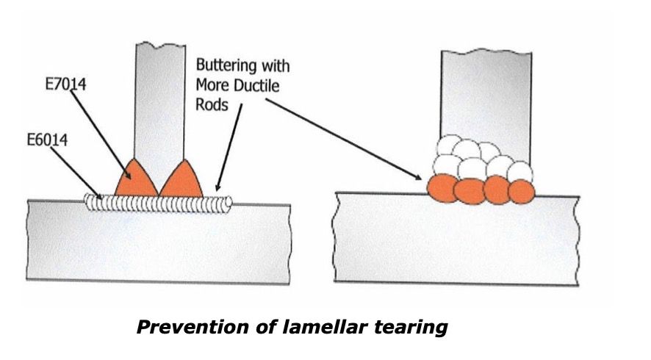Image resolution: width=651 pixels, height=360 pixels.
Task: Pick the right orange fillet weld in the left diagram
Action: pyautogui.click(x=181, y=181)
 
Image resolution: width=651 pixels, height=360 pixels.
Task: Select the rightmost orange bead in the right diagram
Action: pyautogui.click(x=521, y=190)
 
